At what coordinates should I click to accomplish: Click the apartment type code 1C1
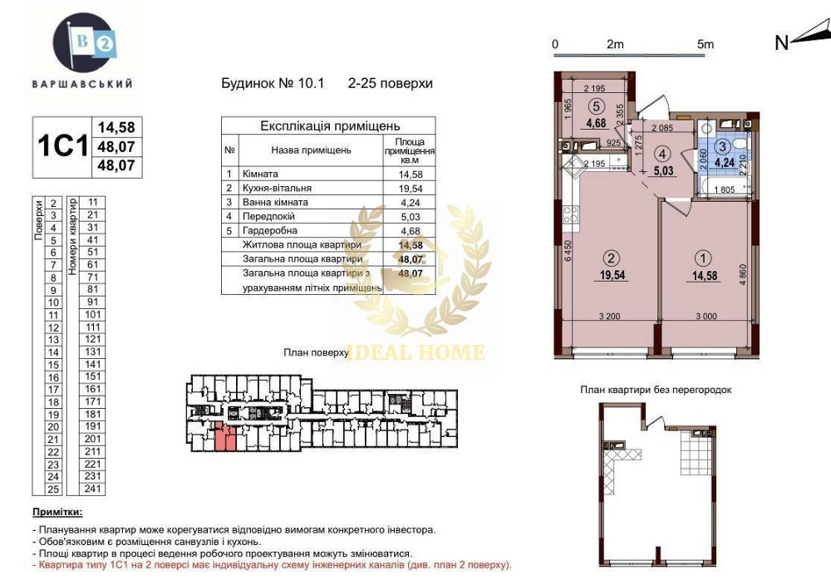point(62,147)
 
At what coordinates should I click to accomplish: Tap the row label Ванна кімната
point(275,203)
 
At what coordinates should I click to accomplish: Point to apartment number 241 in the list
point(92,489)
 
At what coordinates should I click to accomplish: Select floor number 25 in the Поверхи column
point(52,489)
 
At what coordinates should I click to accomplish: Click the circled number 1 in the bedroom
point(706,258)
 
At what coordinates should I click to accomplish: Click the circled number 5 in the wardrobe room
point(595,106)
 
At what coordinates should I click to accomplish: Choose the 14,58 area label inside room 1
point(706,277)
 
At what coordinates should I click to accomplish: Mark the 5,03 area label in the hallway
point(661,171)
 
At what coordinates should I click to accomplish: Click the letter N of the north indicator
point(781,44)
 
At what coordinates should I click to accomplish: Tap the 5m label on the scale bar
point(706,44)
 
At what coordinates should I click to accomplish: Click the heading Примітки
point(57,514)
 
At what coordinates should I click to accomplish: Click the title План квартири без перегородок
point(656,390)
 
